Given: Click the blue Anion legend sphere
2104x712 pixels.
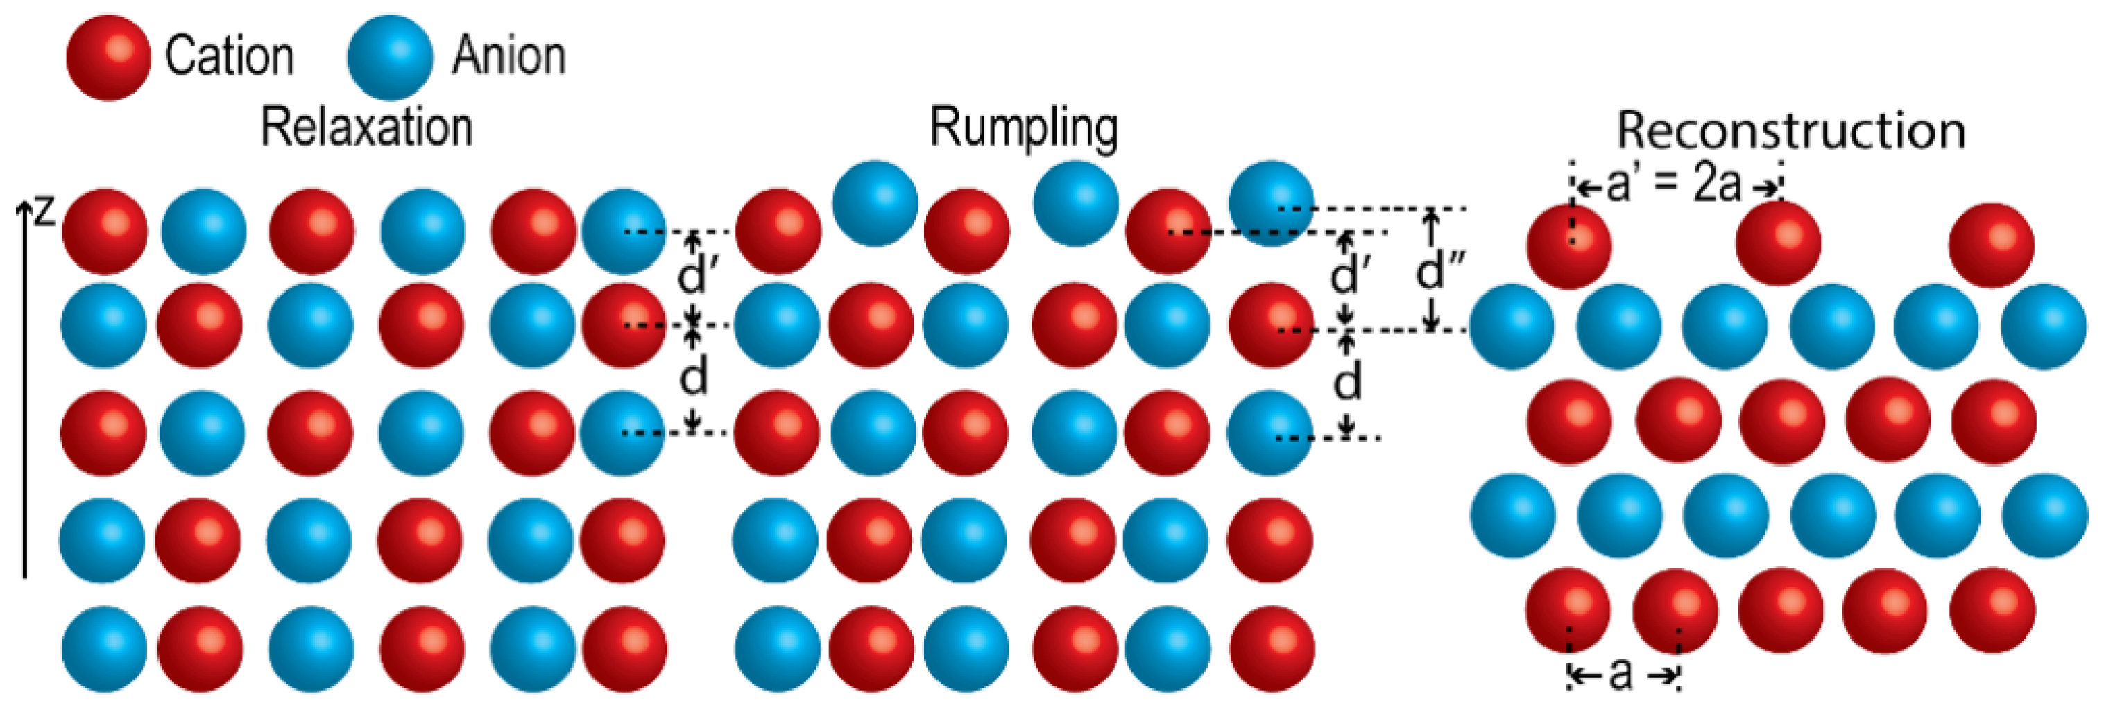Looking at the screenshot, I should click(x=390, y=57).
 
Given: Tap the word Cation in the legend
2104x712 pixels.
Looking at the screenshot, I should click(x=229, y=56).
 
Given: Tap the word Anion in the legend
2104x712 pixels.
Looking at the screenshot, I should click(x=509, y=56).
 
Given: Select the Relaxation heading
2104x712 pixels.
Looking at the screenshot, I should click(x=367, y=128).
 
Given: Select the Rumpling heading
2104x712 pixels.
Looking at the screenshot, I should click(x=1024, y=128).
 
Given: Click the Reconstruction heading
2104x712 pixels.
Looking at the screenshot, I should click(x=1790, y=130).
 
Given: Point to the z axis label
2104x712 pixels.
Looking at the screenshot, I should click(x=44, y=210).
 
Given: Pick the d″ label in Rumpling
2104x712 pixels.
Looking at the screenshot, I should click(x=1439, y=270).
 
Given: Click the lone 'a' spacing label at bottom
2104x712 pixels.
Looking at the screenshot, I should click(x=1621, y=674).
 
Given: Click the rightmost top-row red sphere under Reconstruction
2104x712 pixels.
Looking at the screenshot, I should click(x=1992, y=245).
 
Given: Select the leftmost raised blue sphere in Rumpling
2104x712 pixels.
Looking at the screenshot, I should click(x=875, y=203).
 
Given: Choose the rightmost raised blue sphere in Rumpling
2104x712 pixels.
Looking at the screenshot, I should click(x=1271, y=203).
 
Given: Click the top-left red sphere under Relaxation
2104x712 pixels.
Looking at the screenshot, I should click(x=105, y=231).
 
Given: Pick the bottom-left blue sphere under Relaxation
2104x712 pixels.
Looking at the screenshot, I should click(x=104, y=648).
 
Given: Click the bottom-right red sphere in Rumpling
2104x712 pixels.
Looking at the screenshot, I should click(x=1271, y=648).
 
